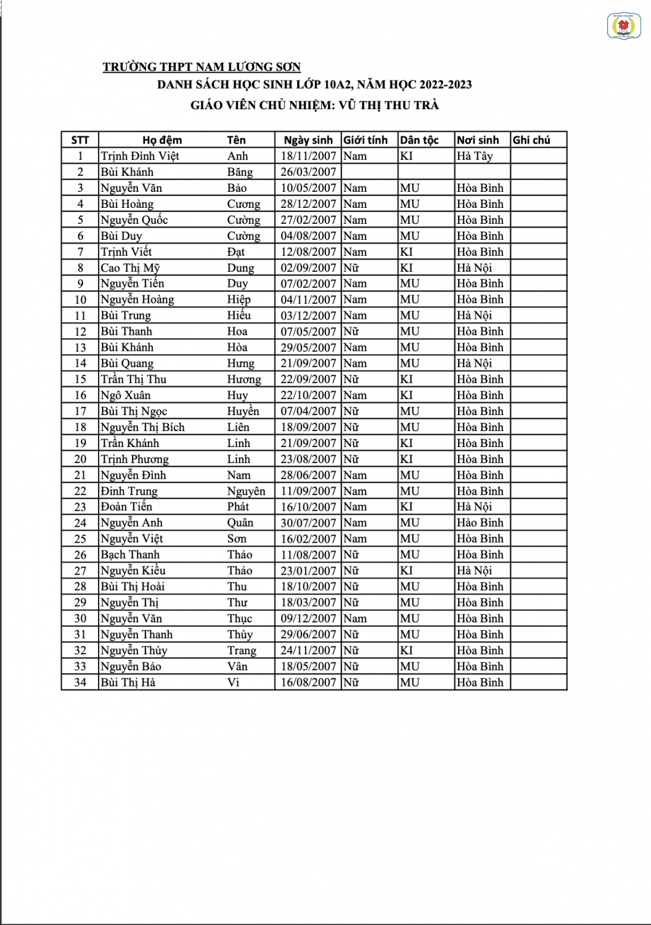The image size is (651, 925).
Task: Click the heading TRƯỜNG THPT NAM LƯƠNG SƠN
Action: click(202, 67)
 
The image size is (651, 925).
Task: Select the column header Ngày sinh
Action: click(308, 140)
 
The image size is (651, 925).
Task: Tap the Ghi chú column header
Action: click(531, 140)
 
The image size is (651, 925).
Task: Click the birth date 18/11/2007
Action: click(308, 156)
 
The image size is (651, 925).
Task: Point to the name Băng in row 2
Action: click(240, 172)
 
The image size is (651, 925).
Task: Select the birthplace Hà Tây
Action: click(475, 156)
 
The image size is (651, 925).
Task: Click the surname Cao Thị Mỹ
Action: click(131, 268)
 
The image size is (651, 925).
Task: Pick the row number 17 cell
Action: click(80, 411)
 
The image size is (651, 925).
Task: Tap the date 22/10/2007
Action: click(308, 395)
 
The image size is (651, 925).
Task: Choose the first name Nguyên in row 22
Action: click(246, 491)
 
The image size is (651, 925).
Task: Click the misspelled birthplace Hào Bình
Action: click(480, 523)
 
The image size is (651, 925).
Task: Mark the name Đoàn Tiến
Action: click(126, 507)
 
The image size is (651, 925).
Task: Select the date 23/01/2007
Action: click(308, 571)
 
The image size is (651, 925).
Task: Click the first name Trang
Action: click(241, 651)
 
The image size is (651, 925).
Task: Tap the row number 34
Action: click(80, 683)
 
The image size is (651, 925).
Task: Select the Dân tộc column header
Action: click(419, 140)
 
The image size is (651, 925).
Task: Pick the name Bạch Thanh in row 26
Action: click(130, 555)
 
